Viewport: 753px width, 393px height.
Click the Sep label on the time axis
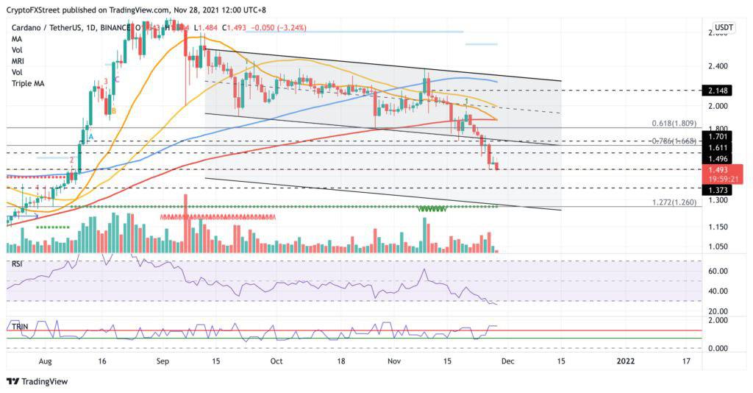pyautogui.click(x=163, y=361)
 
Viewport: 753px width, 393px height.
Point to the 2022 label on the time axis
pyautogui.click(x=625, y=361)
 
